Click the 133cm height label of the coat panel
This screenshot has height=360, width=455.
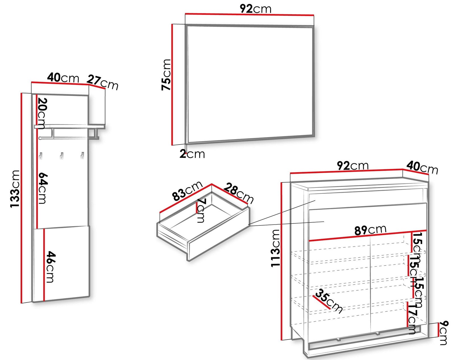click(x=15, y=189)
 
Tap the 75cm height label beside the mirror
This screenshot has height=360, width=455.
click(x=166, y=75)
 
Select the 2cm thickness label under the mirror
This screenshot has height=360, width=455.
click(x=192, y=154)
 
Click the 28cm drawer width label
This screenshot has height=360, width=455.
click(x=238, y=193)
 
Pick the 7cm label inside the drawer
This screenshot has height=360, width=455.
click(x=201, y=211)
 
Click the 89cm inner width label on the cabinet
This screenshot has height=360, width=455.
click(x=371, y=230)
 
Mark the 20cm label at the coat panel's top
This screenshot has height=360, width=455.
click(x=42, y=114)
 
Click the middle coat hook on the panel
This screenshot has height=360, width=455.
click(x=61, y=156)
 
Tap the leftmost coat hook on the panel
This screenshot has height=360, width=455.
click(x=41, y=156)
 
